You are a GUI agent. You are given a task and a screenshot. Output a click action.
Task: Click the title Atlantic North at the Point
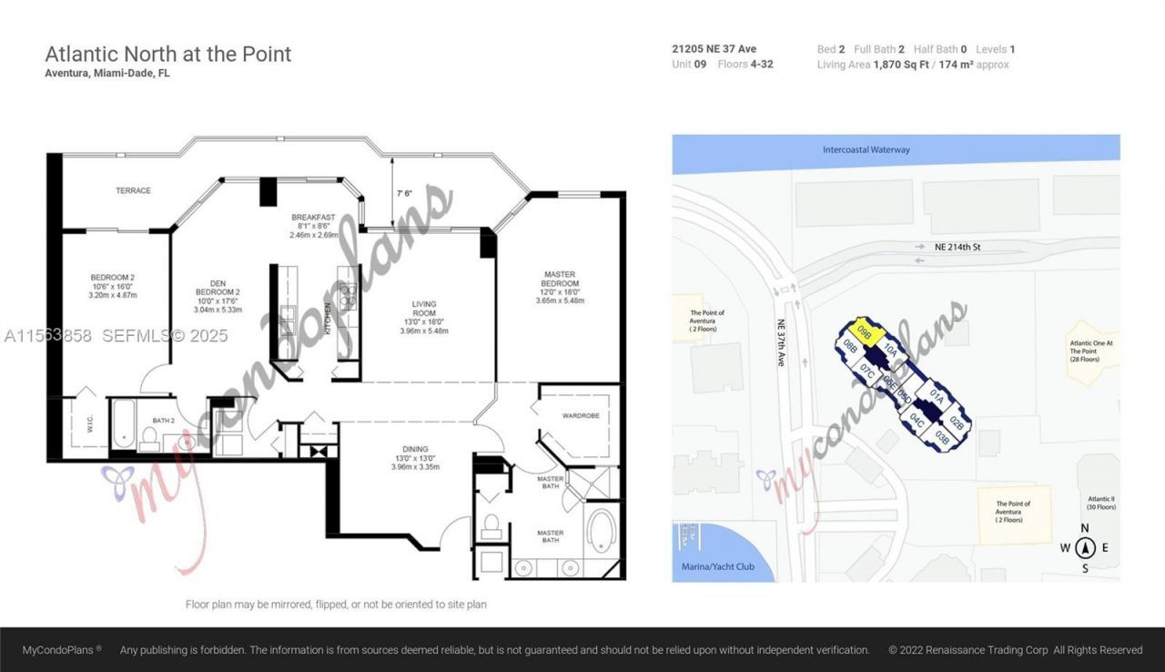pos(168,54)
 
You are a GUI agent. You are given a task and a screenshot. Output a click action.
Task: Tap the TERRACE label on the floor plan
pos(133,190)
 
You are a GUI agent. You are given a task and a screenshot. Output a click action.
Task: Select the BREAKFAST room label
pos(313,217)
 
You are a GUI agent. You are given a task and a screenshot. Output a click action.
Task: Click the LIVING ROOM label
pos(423,310)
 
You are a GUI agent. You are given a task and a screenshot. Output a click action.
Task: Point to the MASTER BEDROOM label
pos(559,280)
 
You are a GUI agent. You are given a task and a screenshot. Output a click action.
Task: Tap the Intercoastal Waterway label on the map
pos(866,149)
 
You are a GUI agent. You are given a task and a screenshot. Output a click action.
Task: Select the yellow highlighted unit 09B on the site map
pos(865,333)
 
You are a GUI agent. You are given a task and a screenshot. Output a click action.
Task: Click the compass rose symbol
pos(1084,548)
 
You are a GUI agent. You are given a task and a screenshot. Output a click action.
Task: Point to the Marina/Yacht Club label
pos(718,566)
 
